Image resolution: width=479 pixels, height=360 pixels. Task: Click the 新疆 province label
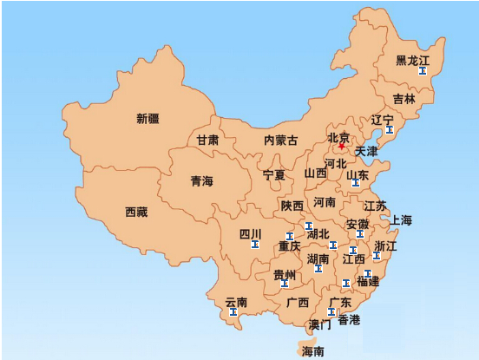point(148,119)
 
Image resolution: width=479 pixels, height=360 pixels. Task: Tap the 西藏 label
point(136,212)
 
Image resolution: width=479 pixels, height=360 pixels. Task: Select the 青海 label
point(201,181)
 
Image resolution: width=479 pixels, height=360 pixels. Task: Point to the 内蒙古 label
point(280,140)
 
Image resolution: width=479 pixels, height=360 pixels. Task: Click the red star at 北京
point(342,147)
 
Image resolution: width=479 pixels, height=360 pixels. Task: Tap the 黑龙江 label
point(413,61)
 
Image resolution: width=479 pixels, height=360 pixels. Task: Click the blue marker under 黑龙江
point(422,71)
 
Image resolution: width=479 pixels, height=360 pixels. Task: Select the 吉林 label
point(404,99)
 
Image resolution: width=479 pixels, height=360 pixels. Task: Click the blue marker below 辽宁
point(389,130)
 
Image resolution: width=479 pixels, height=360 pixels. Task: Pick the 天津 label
point(366,151)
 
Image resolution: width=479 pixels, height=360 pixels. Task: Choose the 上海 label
point(401,219)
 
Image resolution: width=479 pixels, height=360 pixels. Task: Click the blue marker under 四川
point(254,245)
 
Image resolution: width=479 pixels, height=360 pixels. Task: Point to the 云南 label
point(236,303)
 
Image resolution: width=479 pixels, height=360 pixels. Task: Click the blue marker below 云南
point(233,312)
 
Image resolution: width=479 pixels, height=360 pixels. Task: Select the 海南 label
point(312,351)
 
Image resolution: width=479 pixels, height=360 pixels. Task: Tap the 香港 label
point(349,320)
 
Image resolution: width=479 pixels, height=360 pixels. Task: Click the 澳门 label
point(319,325)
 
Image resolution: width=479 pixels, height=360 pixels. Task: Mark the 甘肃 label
point(207,140)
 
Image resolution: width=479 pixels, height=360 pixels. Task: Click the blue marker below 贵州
point(285,284)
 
